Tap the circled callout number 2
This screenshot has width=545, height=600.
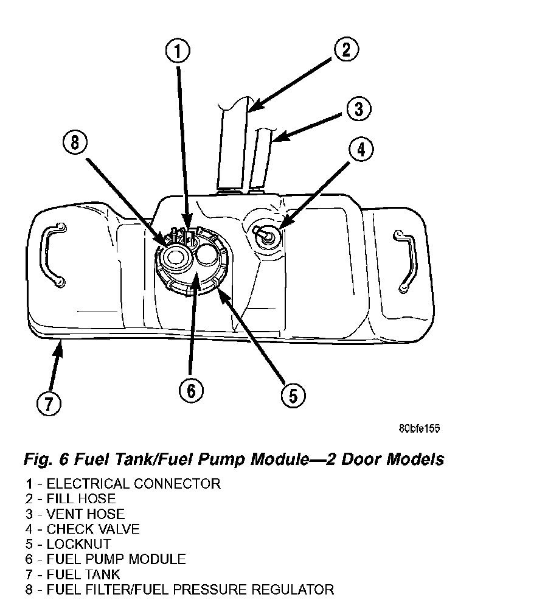point(345,49)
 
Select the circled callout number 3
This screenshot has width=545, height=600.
point(358,110)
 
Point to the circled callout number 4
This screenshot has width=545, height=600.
point(361,150)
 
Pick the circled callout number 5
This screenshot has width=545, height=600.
point(293,396)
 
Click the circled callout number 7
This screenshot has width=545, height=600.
point(48,403)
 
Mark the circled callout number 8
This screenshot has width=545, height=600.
point(75,143)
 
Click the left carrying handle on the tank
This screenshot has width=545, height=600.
point(52,255)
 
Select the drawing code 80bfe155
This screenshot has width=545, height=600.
point(419,428)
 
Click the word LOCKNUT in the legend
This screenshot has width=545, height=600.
point(79,544)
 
